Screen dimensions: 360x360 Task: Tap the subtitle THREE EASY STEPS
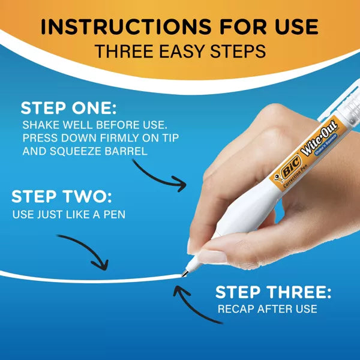click(180, 52)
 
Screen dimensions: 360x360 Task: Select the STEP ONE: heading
click(68, 109)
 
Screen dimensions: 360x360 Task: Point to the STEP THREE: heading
click(273, 292)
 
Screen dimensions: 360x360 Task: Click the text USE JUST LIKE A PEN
click(69, 214)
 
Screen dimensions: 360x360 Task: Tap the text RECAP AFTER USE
click(268, 309)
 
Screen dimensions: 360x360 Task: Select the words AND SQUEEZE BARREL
click(85, 151)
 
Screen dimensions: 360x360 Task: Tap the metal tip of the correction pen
click(184, 273)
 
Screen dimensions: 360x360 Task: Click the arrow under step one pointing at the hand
click(160, 174)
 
